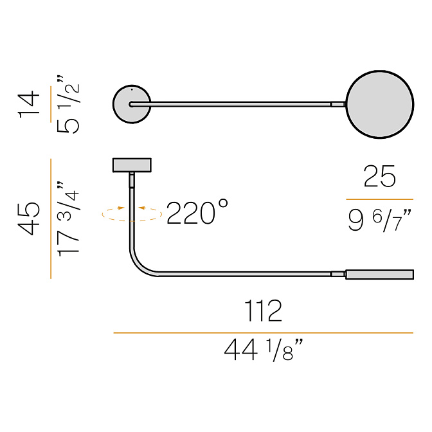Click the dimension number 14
(29, 104)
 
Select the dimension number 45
(29, 219)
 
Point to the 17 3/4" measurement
(67, 219)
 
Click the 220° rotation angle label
(197, 213)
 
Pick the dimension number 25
(380, 177)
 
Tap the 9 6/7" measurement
(380, 221)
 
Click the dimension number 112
(264, 310)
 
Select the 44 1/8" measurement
(264, 350)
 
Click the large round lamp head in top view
(380, 104)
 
